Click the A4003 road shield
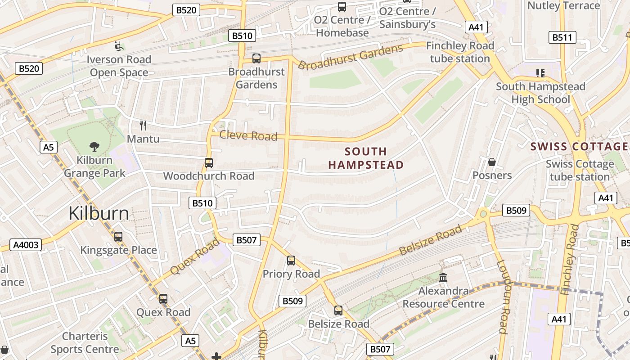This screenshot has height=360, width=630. click(x=26, y=245)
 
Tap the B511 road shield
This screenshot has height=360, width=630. click(x=562, y=37)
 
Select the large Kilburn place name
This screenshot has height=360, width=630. click(x=99, y=213)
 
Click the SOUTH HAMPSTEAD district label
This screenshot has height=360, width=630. click(x=366, y=158)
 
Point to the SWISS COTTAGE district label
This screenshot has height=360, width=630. click(x=579, y=146)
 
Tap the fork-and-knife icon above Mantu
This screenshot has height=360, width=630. click(x=143, y=125)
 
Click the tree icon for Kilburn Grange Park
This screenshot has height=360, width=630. click(x=94, y=146)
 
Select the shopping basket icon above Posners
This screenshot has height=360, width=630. click(x=492, y=162)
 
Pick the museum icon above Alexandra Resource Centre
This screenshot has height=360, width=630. click(x=443, y=277)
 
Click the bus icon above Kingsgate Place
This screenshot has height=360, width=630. click(x=118, y=236)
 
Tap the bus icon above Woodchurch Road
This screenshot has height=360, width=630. click(x=209, y=162)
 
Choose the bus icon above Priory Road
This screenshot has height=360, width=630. click(x=291, y=260)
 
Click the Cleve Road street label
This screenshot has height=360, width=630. click(x=248, y=135)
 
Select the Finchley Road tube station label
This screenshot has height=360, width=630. click(x=460, y=52)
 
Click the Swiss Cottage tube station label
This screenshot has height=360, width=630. click(x=580, y=170)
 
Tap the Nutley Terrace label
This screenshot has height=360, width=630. click(x=563, y=6)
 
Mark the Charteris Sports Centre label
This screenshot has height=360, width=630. click(x=85, y=342)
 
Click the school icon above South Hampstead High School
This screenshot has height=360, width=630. click(x=540, y=73)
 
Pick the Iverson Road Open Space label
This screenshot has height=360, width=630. click(x=119, y=66)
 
